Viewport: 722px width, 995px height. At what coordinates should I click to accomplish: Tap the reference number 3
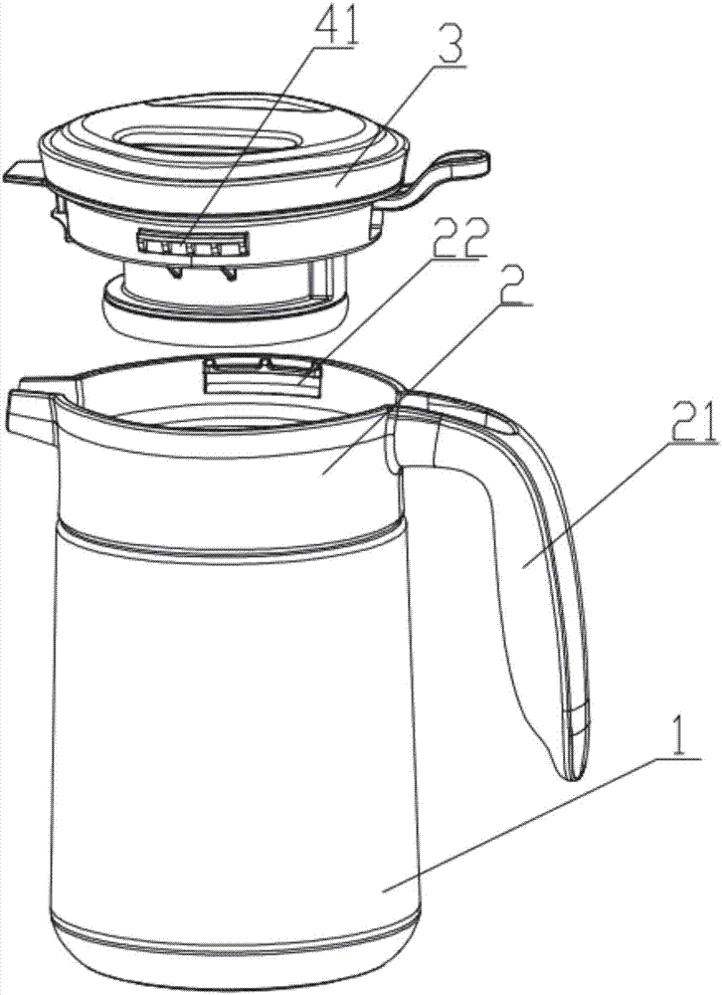tap(449, 43)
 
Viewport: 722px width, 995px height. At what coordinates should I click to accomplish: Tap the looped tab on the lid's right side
tap(445, 178)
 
